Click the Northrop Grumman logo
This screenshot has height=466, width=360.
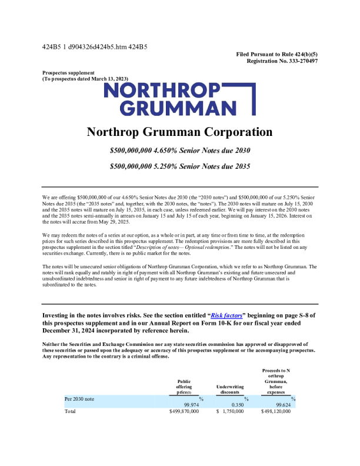(x=179, y=99)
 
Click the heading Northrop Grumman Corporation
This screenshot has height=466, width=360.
(x=179, y=132)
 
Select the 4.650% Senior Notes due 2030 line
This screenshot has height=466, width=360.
(x=180, y=151)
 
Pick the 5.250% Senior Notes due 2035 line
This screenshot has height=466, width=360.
(x=180, y=167)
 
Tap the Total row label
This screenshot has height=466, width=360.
(x=71, y=412)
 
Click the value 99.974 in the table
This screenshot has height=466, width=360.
(x=190, y=405)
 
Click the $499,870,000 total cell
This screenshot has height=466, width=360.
(x=184, y=412)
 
